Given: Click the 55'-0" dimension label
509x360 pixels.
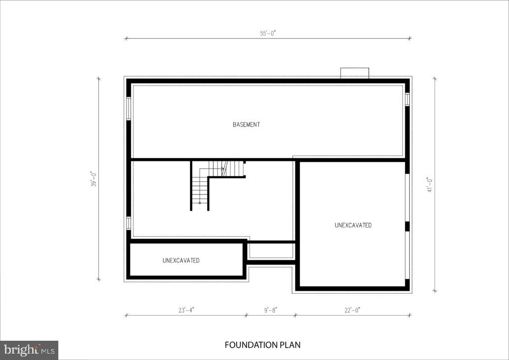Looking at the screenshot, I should click(268, 34).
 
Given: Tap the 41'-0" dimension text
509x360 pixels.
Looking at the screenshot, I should click(430, 184).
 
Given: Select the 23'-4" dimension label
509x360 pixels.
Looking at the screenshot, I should click(186, 310).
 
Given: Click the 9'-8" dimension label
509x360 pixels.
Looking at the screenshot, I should click(271, 310).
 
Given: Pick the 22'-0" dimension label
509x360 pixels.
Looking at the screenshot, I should click(352, 310).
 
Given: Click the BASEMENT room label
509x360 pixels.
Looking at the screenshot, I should click(246, 125).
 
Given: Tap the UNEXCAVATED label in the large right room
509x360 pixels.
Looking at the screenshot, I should click(353, 225).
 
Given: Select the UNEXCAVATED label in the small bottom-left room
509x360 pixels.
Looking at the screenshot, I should click(181, 260).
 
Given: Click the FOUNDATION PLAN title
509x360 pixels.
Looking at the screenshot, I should click(262, 345).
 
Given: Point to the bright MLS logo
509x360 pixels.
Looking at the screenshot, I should click(29, 350).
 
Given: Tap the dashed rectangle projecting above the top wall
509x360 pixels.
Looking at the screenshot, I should click(354, 73).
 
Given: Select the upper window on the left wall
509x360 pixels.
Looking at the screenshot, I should click(128, 108).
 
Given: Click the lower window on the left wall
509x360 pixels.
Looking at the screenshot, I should click(128, 223).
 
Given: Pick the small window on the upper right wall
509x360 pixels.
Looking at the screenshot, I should click(408, 99).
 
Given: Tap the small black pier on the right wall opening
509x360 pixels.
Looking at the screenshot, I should click(408, 226).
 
